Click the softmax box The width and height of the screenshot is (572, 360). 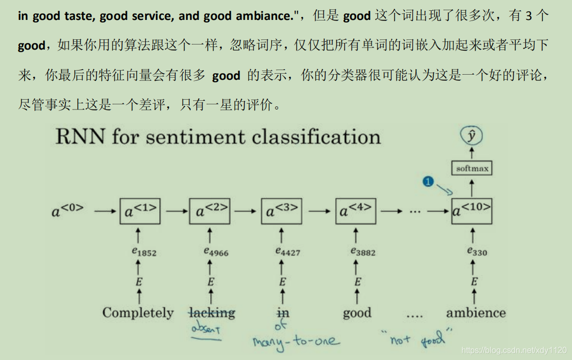coord(472,168)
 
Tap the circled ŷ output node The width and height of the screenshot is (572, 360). coord(472,136)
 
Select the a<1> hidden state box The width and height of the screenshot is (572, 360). coord(140,210)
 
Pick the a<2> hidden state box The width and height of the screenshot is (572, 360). coord(210,210)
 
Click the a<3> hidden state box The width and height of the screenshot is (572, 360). coord(281,210)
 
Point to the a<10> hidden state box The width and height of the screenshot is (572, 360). coord(472,210)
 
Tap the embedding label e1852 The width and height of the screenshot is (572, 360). coord(144,252)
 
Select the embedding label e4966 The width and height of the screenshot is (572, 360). coord(215,251)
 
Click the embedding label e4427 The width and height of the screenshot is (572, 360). coord(287,251)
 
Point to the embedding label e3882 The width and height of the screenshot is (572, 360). coord(362,251)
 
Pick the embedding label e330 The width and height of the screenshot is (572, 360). coord(477,251)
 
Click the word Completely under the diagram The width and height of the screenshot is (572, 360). coord(138,313)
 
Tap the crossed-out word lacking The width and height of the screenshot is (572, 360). coord(211,312)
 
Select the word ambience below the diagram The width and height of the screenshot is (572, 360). coord(476,312)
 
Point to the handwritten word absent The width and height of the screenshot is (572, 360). coord(206,330)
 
